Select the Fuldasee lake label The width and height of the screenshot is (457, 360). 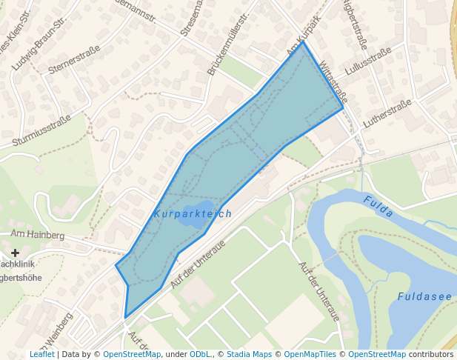[424, 296]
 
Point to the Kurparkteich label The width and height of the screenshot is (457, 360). [193, 213]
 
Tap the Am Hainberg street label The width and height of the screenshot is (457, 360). [38, 235]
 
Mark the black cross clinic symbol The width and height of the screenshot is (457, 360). [15, 253]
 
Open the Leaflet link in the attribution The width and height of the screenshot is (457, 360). [41, 354]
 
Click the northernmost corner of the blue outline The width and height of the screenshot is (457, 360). [302, 42]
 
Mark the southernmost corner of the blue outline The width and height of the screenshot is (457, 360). [125, 318]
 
